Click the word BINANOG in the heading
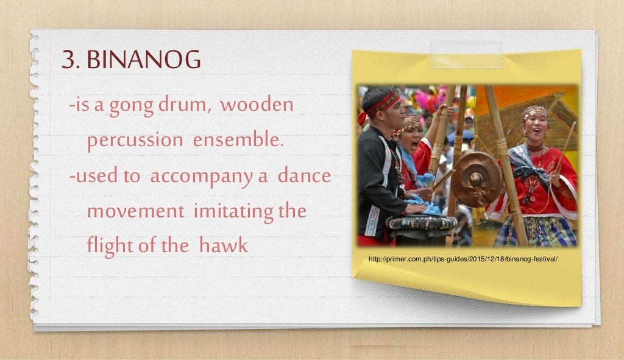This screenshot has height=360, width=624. point(144,61)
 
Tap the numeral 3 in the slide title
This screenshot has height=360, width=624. point(68,61)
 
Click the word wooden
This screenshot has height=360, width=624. point(257,106)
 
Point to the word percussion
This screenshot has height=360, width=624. point(135,141)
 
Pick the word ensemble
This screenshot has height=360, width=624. point(239,140)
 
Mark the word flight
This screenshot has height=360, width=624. point(110,246)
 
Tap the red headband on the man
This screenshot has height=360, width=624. point(382,104)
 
